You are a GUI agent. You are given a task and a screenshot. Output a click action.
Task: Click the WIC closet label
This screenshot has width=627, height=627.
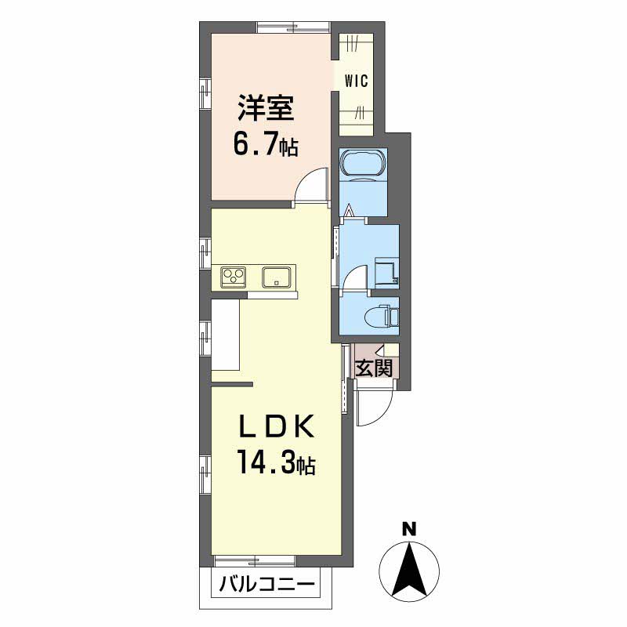click(x=356, y=82)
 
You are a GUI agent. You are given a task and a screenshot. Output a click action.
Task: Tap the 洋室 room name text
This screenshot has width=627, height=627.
click(x=266, y=108)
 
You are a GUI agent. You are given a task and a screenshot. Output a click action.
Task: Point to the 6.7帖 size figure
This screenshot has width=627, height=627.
click(x=266, y=146)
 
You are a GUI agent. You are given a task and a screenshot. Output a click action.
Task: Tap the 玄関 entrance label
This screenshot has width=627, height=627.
click(x=374, y=368)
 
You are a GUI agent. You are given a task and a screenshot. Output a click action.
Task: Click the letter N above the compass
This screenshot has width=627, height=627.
click(x=408, y=530)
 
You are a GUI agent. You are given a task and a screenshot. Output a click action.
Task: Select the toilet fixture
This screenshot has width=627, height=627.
click(x=382, y=316)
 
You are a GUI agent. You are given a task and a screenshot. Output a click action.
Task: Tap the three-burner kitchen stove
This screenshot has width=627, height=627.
click(x=234, y=276)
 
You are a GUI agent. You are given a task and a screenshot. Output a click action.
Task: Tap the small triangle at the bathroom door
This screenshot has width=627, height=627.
click(x=350, y=210)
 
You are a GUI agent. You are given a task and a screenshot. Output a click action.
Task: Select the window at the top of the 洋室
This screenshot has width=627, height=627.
click(x=293, y=27)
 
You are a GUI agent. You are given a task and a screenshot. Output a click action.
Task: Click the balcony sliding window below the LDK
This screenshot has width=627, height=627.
click(x=255, y=560)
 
